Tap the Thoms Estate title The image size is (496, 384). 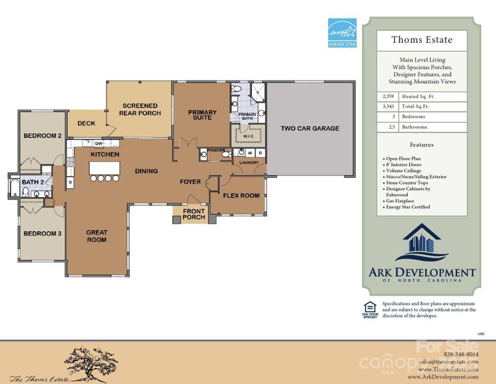(422, 40)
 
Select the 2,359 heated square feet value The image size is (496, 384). (387, 96)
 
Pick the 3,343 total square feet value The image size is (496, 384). (387, 106)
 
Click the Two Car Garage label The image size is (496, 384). (310, 129)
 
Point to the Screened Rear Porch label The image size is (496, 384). (139, 109)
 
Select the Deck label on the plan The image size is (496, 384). (86, 124)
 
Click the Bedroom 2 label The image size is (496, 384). (42, 136)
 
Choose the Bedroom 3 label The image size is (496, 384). (42, 234)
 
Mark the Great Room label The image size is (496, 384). (97, 236)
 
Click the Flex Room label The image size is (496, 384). (240, 196)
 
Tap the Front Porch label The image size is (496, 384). (194, 214)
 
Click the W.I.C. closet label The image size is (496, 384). (247, 136)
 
